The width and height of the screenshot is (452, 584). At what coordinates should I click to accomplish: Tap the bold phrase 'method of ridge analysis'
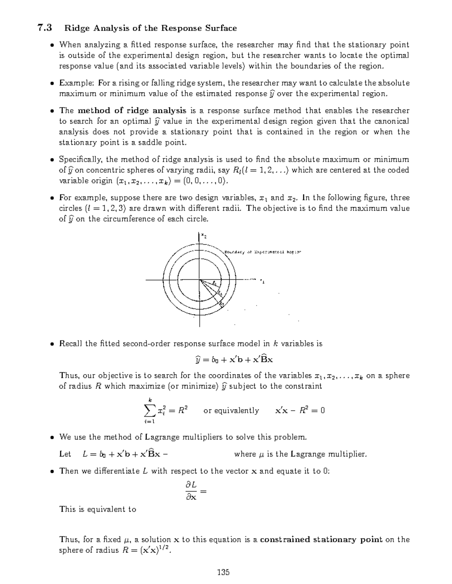pos(132,111)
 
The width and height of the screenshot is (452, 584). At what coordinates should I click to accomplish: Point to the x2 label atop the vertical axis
pos(203,236)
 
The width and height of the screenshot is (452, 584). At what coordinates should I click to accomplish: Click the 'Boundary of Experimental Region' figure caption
pos(263,252)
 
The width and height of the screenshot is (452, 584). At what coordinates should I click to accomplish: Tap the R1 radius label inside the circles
pos(214,284)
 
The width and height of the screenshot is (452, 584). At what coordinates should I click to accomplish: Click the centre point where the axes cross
pos(200,280)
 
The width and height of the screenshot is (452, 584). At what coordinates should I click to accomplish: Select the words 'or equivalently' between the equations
pos(231,411)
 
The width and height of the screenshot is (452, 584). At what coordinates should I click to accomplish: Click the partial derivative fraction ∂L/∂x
pos(192,491)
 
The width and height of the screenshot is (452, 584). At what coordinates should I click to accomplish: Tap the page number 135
pos(223,572)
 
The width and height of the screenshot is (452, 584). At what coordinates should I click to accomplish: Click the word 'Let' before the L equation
pos(65,454)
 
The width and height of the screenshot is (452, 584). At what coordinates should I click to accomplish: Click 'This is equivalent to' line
pos(98,509)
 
